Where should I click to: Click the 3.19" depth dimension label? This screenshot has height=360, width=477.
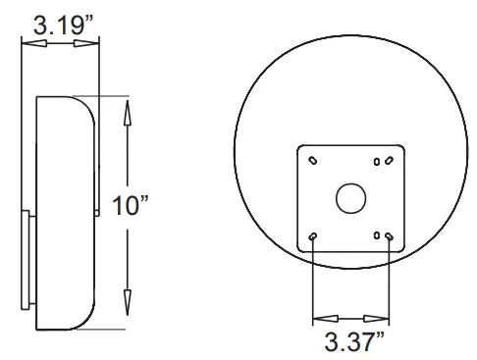click(63, 25)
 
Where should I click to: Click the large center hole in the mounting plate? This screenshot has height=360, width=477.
click(350, 198)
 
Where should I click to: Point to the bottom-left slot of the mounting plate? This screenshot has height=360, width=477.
click(312, 236)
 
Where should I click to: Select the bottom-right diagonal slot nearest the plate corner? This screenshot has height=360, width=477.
click(390, 236)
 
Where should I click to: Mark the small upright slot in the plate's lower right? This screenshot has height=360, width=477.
click(378, 233)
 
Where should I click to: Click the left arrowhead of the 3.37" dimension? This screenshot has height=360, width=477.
click(322, 318)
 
